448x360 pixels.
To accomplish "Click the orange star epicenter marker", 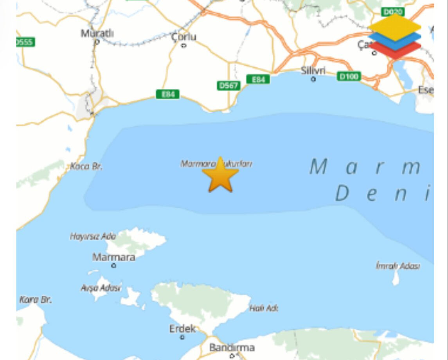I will [x=220, y=176].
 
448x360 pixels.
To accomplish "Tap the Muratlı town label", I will [x=97, y=33].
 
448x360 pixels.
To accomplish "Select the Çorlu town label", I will [x=184, y=37].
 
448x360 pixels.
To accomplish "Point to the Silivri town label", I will [x=313, y=70].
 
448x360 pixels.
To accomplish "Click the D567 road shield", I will [x=228, y=85].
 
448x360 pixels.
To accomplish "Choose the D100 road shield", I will [x=349, y=76].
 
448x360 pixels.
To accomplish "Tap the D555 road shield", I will [x=25, y=42].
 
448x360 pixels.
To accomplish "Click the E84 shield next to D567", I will [x=258, y=79].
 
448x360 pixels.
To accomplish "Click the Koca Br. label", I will [x=86, y=167].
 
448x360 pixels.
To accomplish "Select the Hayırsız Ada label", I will [x=93, y=236].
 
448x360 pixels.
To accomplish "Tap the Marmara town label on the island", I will [x=113, y=257].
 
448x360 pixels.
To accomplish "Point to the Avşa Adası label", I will [x=101, y=288].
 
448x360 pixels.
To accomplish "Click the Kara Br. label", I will [x=36, y=300].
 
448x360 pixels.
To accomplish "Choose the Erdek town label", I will [x=182, y=329].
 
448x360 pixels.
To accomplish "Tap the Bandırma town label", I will [x=232, y=347].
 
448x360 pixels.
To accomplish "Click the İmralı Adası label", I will [x=398, y=266].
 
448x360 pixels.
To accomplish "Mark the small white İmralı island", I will [x=396, y=278].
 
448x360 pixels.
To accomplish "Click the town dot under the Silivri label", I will [x=313, y=79].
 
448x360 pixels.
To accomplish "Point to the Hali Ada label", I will [x=264, y=308].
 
